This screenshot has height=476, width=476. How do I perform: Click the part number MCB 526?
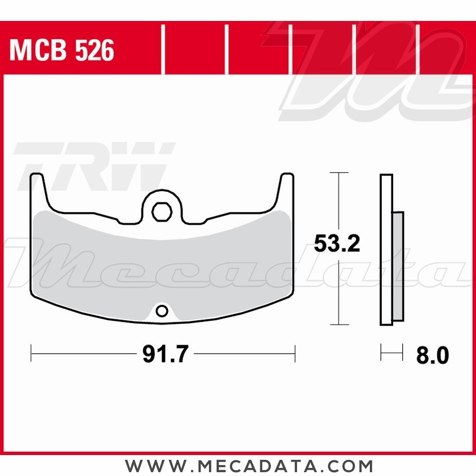(x=62, y=50)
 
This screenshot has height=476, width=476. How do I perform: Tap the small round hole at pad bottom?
(x=162, y=311)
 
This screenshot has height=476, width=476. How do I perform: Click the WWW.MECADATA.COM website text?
(x=249, y=465)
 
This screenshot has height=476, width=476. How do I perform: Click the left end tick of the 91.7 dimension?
(x=31, y=353)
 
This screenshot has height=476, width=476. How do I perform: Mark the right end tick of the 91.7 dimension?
(x=295, y=353)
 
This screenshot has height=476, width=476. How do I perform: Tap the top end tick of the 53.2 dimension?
(x=338, y=172)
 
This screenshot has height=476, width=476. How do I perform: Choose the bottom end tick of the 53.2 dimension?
(x=338, y=325)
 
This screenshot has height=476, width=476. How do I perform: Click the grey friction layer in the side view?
(x=398, y=267)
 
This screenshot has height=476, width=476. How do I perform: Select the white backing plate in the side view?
(x=386, y=250)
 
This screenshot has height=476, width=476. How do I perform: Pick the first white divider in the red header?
(x=163, y=50)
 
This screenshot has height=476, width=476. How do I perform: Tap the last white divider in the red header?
(x=418, y=50)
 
